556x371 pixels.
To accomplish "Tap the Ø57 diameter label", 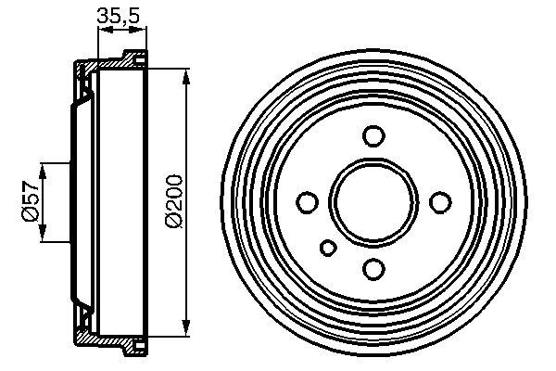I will click(x=30, y=201).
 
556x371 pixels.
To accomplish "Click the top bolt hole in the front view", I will click(x=373, y=135).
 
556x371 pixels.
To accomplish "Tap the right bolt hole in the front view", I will click(x=440, y=202).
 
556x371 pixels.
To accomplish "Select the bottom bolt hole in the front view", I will click(x=373, y=269).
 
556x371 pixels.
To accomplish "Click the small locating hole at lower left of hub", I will click(x=328, y=247).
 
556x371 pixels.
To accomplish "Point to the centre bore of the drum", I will click(x=373, y=202).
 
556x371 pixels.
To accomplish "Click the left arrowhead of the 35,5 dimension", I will click(x=103, y=30).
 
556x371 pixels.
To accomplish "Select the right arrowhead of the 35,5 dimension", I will click(x=142, y=30).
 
